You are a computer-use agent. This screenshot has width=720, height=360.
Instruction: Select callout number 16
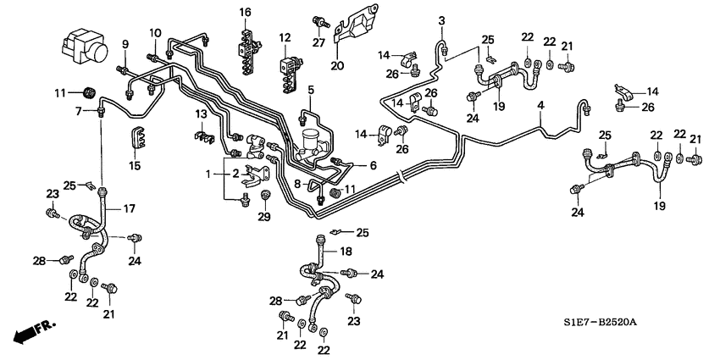click(x=245, y=12)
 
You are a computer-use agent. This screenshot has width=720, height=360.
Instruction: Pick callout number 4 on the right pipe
click(x=539, y=106)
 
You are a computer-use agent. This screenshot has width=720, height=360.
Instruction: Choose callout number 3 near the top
click(x=441, y=19)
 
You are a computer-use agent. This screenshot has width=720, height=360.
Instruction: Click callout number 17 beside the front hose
click(x=131, y=209)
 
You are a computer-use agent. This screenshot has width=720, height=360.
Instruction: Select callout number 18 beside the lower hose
click(x=346, y=252)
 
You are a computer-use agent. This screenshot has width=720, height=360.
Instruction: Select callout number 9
click(x=124, y=44)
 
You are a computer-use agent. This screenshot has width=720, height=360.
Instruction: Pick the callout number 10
click(x=155, y=33)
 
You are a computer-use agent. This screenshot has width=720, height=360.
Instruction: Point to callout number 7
click(x=79, y=110)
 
